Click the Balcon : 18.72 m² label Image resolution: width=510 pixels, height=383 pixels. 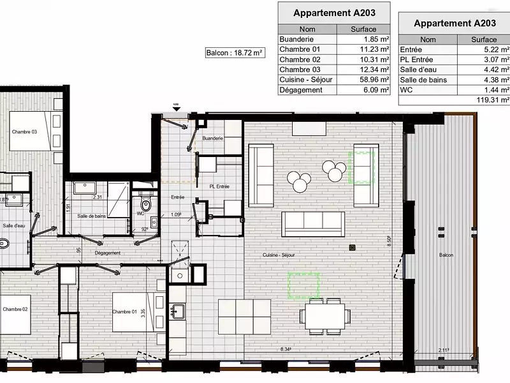pos(235,54)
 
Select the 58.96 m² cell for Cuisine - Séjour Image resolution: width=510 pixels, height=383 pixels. pos(363,80)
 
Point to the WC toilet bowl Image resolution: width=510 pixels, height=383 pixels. pos(147,205)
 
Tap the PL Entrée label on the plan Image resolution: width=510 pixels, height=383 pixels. pos(219,186)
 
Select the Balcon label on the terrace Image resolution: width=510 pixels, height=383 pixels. pos(446,255)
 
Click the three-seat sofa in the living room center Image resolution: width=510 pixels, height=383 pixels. pos(313,223)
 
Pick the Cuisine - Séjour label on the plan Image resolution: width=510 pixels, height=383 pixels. pos(278,255)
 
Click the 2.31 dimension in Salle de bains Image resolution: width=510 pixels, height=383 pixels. pos(97,197)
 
